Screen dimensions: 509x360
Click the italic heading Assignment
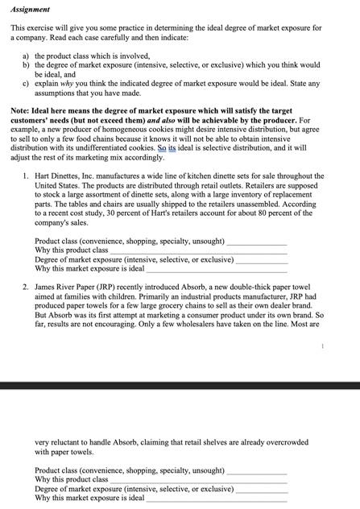point(31,9)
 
